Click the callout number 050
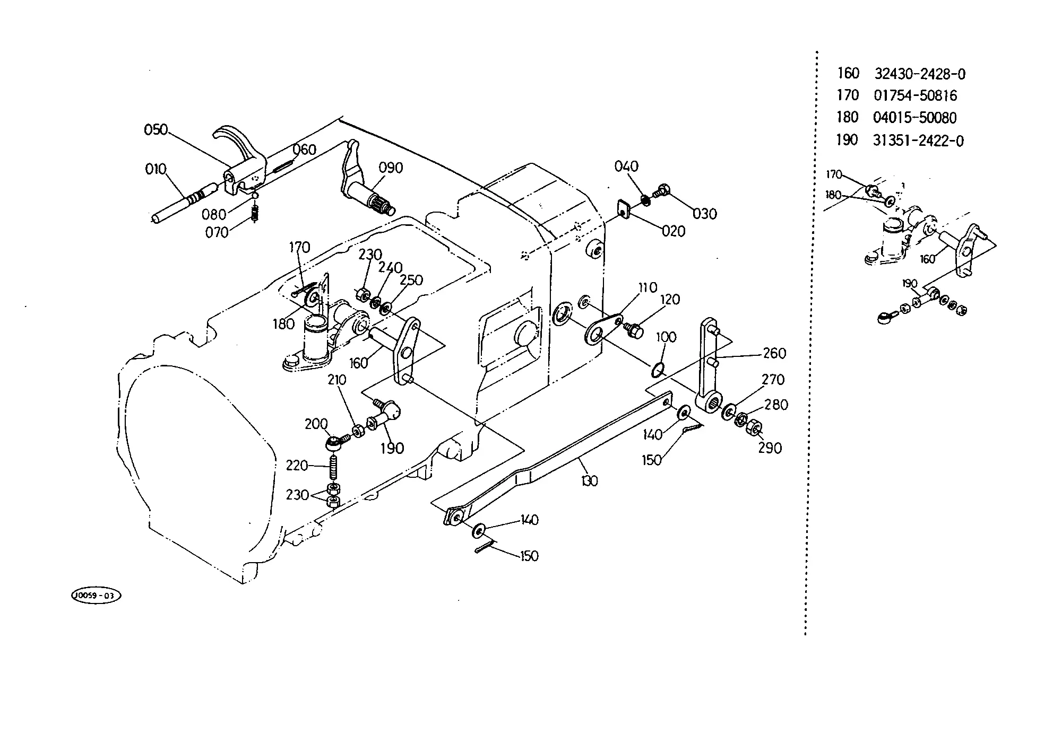[x=156, y=130]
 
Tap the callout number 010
[x=156, y=170]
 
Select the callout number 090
[x=391, y=168]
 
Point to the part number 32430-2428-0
[x=920, y=74]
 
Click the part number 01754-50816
[x=916, y=96]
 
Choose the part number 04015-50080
[x=915, y=118]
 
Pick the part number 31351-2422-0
[x=919, y=141]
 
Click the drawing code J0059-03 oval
[x=96, y=596]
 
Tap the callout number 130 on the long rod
[x=589, y=481]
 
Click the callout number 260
[x=775, y=353]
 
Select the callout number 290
[x=770, y=449]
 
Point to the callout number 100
[x=667, y=338]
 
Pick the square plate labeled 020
[x=624, y=209]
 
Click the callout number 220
[x=297, y=466]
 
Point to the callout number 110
[x=648, y=288]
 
